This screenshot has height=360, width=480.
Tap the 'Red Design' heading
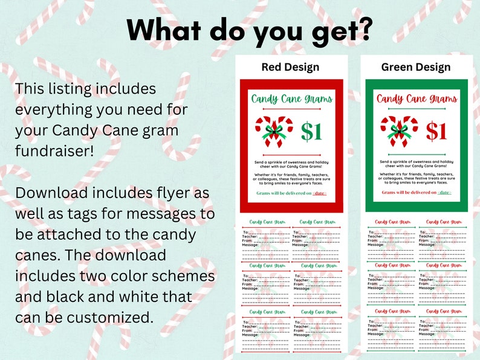(x=290, y=67)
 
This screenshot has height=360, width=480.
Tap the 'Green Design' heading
(x=416, y=67)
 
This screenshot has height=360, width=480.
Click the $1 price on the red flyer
(x=312, y=132)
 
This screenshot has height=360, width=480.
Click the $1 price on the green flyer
(x=436, y=132)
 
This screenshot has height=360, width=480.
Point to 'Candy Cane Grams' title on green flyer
(x=417, y=98)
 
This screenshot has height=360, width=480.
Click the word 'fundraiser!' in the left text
(x=54, y=152)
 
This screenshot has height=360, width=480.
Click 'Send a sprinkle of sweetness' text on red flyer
(x=290, y=162)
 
